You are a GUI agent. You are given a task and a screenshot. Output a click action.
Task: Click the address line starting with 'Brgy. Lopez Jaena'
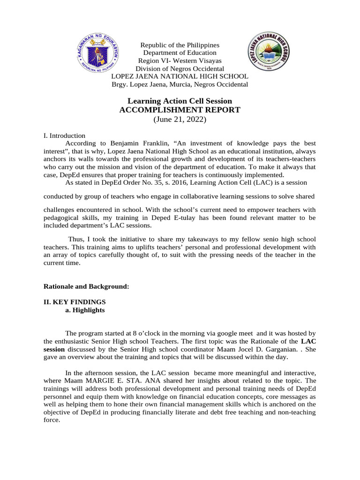180,84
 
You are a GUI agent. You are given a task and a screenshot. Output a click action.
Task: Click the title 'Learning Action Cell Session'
180,101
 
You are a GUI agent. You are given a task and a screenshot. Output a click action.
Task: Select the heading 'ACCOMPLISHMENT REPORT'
180,110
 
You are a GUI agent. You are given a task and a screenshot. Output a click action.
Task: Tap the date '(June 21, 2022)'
180,120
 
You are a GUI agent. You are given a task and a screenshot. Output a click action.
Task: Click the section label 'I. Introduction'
64,135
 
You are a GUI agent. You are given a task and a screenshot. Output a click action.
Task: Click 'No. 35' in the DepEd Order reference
155,182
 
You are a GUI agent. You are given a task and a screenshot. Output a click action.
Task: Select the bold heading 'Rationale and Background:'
86,286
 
